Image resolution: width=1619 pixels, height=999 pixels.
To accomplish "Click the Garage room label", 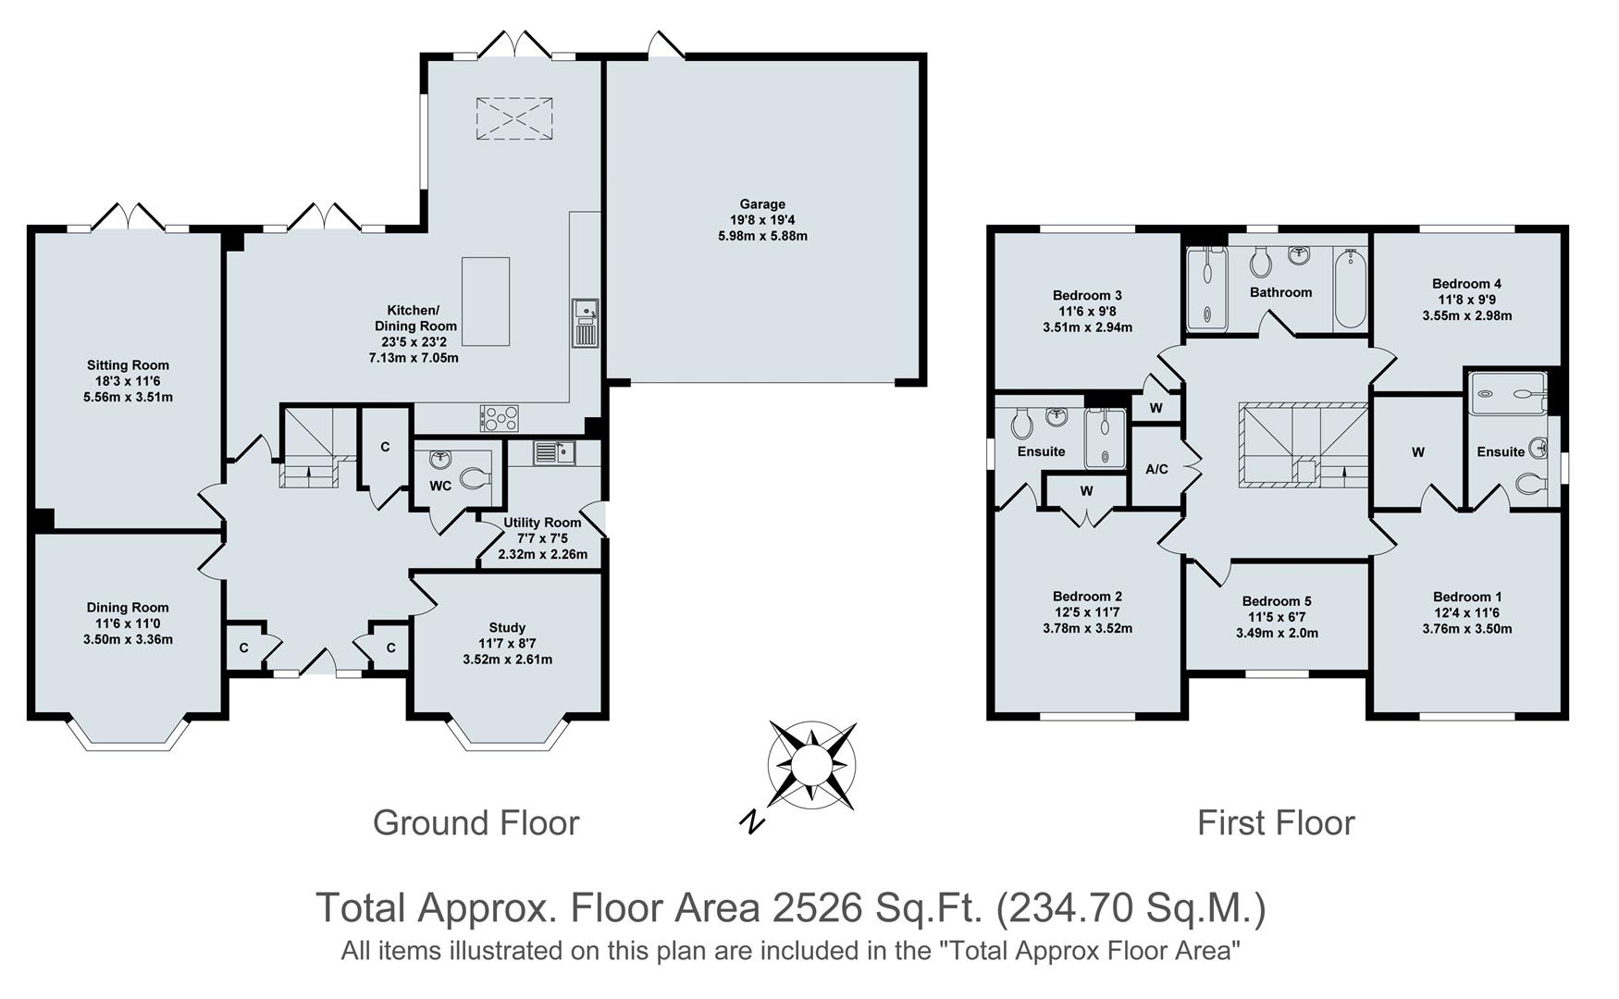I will [761, 204].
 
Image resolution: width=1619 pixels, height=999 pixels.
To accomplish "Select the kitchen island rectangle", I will [486, 302].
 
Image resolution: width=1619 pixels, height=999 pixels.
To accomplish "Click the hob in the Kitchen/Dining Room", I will [499, 418].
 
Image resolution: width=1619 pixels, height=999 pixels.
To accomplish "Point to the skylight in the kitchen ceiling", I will [514, 118].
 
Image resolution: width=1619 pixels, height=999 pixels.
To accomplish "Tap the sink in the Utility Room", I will [554, 452].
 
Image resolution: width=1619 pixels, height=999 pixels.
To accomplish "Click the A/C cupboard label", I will [1156, 469].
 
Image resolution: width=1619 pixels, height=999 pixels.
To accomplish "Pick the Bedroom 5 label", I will [1276, 601].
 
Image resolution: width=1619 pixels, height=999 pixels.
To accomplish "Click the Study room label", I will [507, 627].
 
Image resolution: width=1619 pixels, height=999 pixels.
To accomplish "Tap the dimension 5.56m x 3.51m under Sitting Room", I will [128, 397].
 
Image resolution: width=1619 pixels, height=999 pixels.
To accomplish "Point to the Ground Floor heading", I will [476, 822].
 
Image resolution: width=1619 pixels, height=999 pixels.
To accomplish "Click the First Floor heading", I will [1276, 822].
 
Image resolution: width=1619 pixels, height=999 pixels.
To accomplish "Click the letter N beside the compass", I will [753, 820].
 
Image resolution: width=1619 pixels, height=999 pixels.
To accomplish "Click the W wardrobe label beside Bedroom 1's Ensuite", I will [1417, 452].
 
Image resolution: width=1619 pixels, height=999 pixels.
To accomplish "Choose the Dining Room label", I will [128, 608].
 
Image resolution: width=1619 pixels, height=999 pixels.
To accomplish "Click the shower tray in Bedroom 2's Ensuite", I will [1105, 437].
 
